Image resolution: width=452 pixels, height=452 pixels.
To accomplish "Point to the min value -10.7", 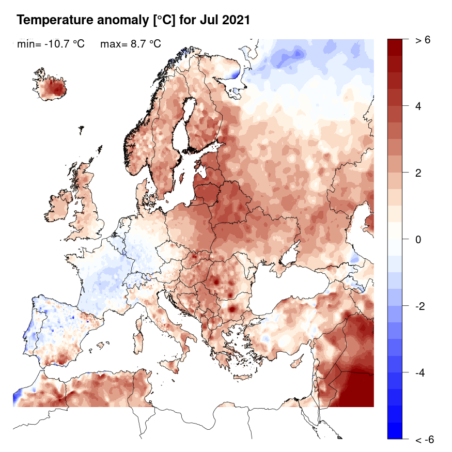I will (57, 44).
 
